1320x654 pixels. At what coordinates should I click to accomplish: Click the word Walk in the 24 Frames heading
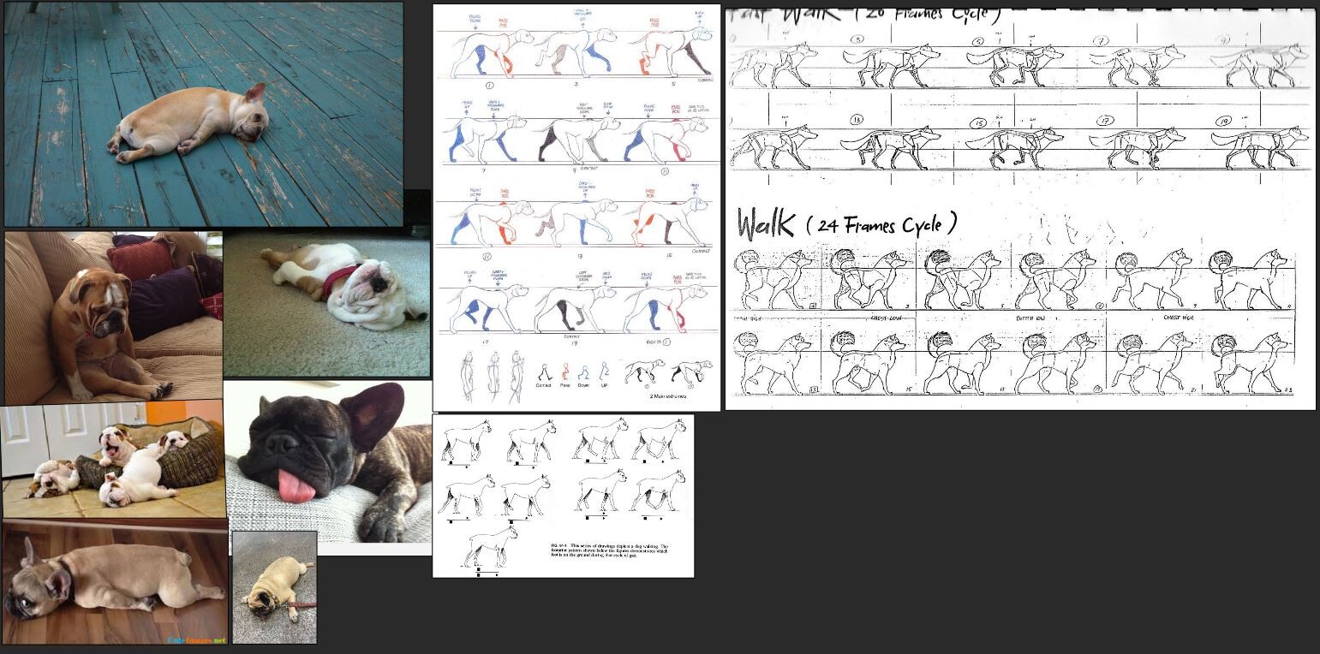pos(768,225)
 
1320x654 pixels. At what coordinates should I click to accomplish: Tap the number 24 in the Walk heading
pos(827,226)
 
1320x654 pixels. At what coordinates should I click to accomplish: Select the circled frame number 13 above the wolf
pos(855,118)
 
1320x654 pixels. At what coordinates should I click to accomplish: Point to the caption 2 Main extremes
pos(668,395)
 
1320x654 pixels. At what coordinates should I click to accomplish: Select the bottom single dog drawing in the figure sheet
pos(492,545)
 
